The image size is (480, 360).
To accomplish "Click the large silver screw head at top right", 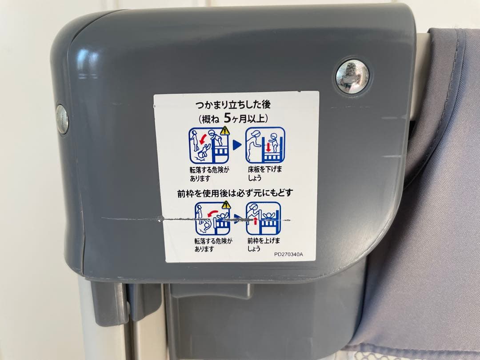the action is (352, 76).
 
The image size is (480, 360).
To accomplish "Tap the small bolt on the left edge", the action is (62, 120).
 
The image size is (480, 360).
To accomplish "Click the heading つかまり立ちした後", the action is (233, 105).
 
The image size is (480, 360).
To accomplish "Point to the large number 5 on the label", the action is (227, 118).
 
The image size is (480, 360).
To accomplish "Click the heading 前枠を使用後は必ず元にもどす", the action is (235, 193).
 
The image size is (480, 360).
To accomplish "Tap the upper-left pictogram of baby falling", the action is (209, 145).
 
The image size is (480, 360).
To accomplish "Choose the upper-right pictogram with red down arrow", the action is (265, 145).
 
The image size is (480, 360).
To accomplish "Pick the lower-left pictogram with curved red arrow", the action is (212, 218).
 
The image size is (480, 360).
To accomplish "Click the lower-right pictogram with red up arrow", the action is (264, 218).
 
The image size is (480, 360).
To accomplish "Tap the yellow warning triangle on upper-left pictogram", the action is (225, 131).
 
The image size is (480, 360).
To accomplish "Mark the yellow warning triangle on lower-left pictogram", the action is (226, 205).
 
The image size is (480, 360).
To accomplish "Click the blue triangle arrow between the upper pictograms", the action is (237, 145).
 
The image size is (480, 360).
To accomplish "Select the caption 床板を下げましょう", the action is (265, 174).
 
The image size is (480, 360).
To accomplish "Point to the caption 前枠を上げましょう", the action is (264, 244).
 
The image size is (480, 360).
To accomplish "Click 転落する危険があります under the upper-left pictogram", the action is (209, 174).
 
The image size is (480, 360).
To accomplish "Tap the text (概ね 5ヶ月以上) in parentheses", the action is (233, 118).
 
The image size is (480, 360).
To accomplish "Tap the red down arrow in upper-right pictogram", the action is (268, 147).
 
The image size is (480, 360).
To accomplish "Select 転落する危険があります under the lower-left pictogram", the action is (213, 245).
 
